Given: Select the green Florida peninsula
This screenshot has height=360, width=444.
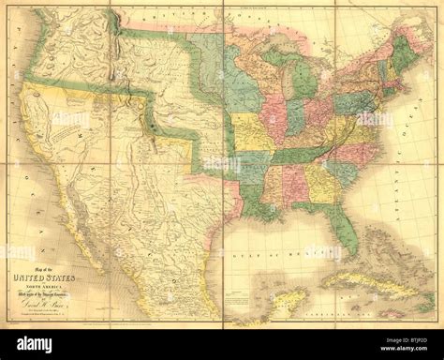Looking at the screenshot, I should pyautogui.click(x=348, y=220).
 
